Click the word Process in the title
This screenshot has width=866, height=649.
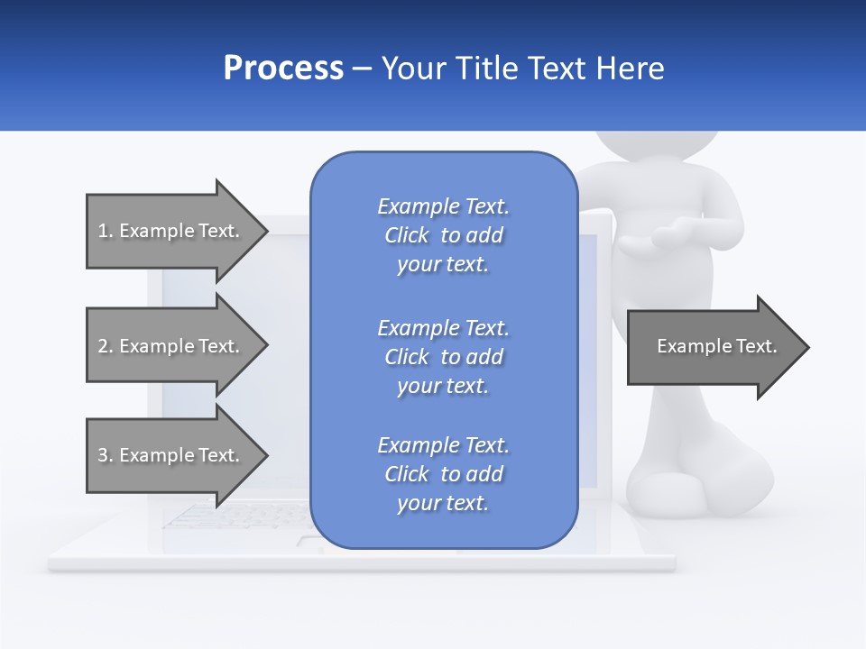coord(283,69)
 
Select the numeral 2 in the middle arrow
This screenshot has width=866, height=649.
coord(103,346)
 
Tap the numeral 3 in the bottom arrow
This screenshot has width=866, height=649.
coord(103,455)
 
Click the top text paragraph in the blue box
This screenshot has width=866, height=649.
coord(443,235)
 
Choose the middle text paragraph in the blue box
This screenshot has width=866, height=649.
coord(443,357)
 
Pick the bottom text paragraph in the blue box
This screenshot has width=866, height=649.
coord(443,474)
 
